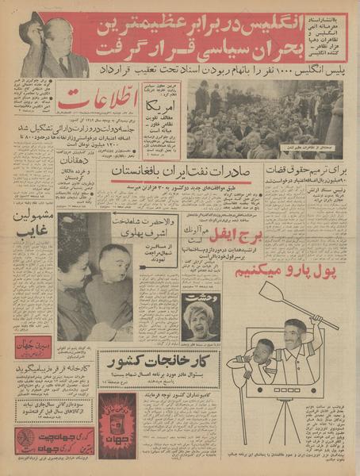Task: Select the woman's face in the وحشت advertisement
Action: click(199, 316)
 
